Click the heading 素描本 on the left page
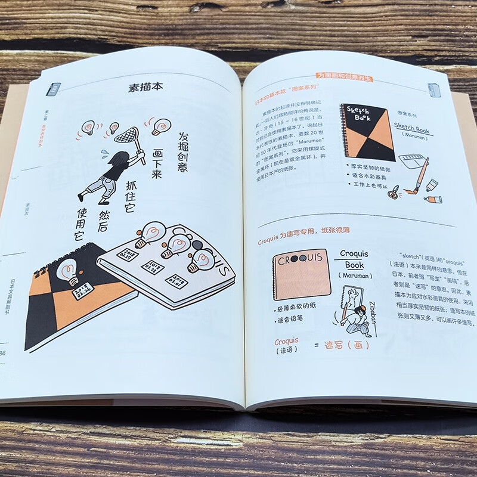click(x=145, y=88)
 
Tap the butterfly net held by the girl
click(x=126, y=137)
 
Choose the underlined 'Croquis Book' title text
click(x=354, y=259)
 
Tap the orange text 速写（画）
click(x=346, y=345)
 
